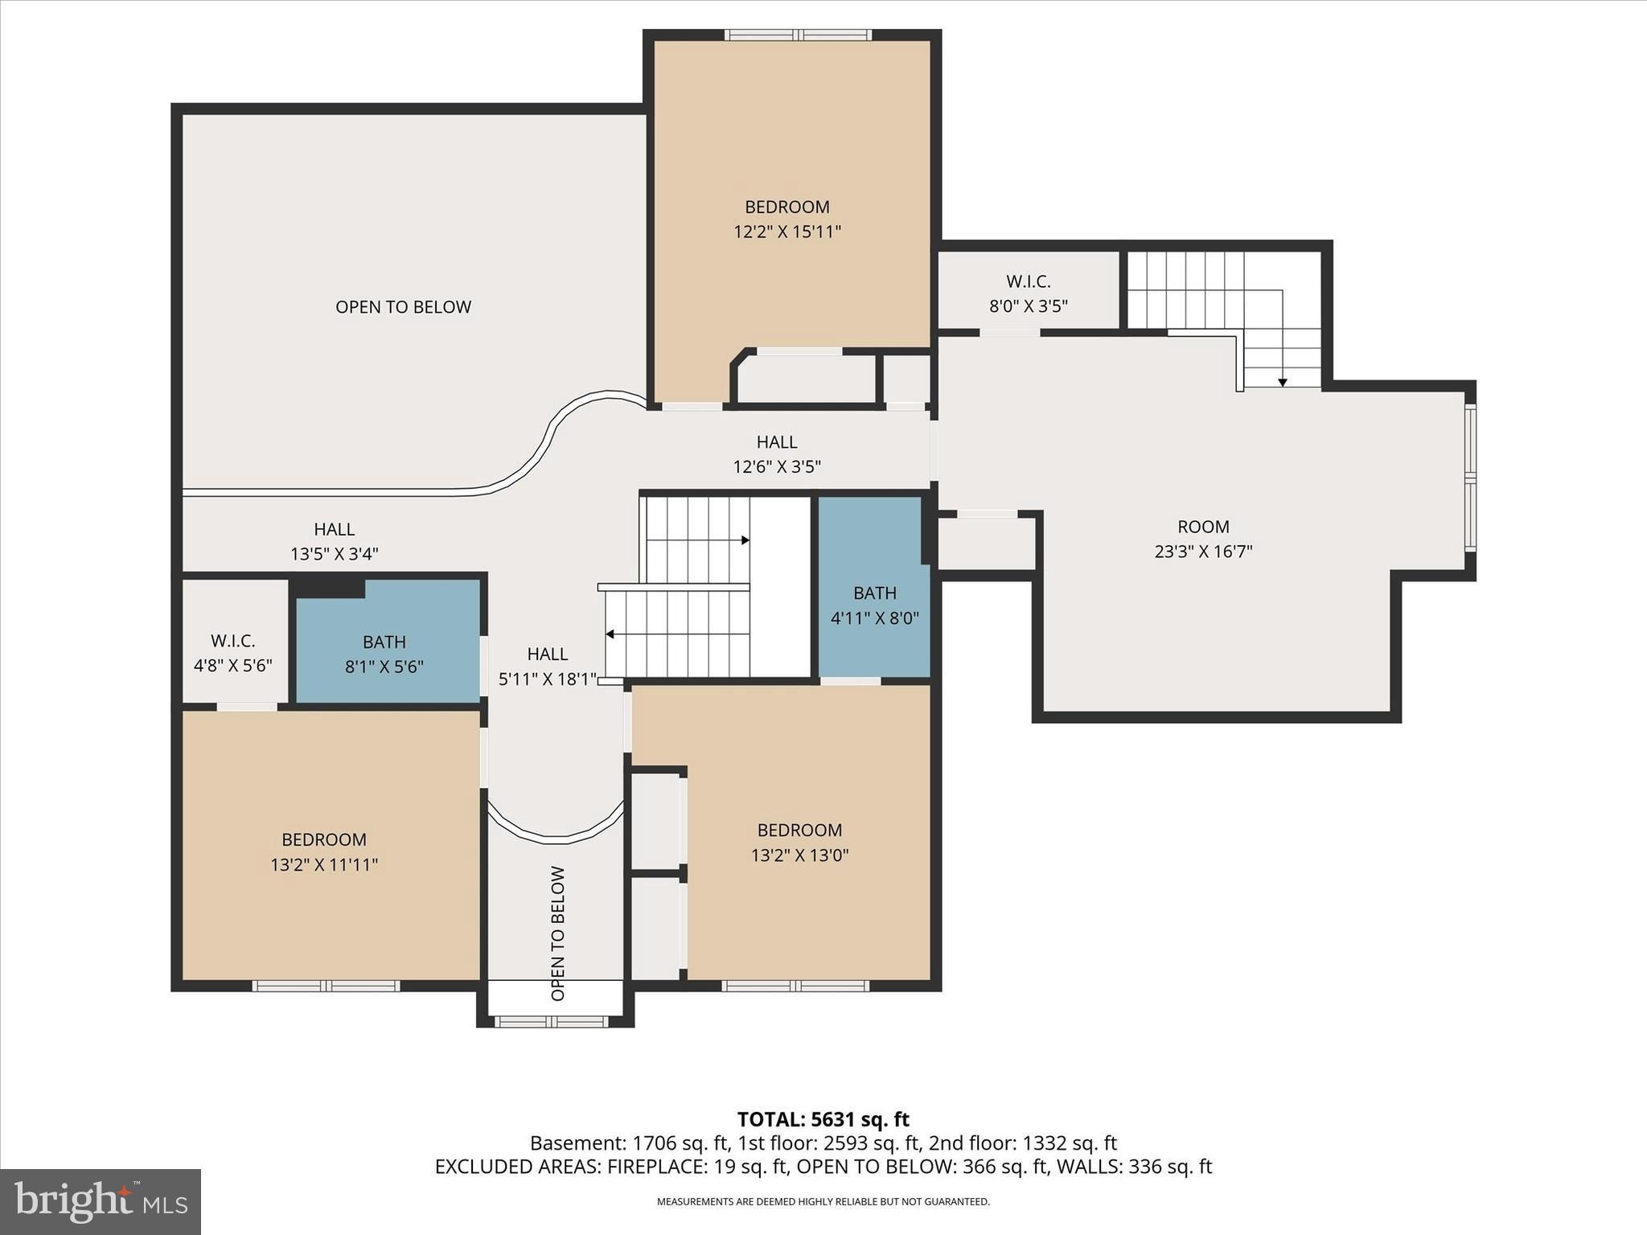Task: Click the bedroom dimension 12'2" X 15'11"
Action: click(787, 232)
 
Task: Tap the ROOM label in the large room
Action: click(1203, 527)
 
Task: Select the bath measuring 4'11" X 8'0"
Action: click(874, 605)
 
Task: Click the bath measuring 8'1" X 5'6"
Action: click(384, 654)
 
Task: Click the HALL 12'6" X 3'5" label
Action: click(777, 454)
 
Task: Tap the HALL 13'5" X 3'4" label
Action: click(335, 541)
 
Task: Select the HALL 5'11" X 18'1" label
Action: click(548, 667)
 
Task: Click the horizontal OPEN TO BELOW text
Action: click(403, 306)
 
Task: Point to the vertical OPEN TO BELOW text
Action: click(558, 933)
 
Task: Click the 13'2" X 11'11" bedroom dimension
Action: click(324, 865)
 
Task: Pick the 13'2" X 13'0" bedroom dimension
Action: click(800, 855)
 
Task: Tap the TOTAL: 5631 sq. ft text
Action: click(823, 1119)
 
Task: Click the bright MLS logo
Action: click(101, 1201)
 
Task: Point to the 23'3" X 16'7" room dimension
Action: click(1204, 552)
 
